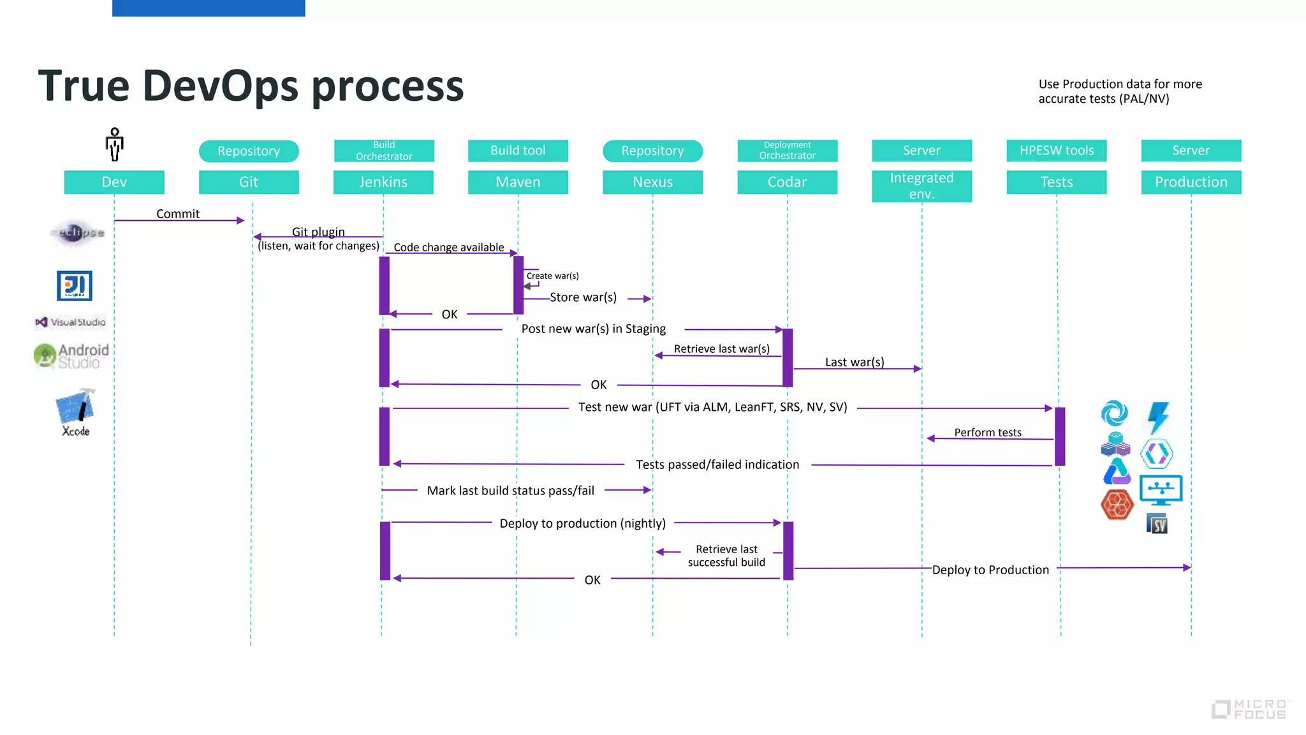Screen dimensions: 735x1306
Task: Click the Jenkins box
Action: coord(383,182)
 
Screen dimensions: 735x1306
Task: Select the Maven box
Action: coord(518,182)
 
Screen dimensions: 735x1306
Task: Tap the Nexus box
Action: coord(652,182)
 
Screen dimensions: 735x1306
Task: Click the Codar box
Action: coord(787,182)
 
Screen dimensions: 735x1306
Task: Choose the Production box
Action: coord(1191,182)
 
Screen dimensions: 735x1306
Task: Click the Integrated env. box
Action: coord(921,186)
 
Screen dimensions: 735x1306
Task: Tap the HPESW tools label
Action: coord(1056,151)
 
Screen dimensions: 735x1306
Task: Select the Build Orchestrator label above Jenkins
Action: coord(384,151)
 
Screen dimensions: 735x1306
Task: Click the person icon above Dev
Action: coord(115,144)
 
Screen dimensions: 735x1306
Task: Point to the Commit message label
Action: coord(178,214)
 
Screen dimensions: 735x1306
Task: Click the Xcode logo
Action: coord(76,412)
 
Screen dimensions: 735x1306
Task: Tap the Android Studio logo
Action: coord(71,356)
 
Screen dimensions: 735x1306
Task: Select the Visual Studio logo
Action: coord(71,322)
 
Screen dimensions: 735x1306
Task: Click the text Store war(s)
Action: coord(583,297)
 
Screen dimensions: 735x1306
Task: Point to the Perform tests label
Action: coord(987,433)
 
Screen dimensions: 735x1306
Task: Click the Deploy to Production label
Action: coord(990,570)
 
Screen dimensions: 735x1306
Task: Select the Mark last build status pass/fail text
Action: coord(510,491)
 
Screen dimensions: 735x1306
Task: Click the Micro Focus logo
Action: coord(1249,709)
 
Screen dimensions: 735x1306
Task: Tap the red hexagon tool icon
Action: coord(1117,505)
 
